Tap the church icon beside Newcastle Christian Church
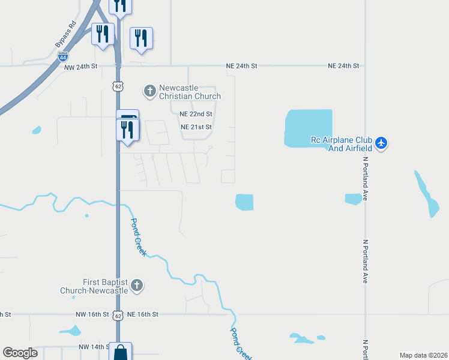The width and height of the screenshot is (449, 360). pos(149,91)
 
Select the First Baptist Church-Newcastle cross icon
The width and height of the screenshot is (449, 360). pos(137,286)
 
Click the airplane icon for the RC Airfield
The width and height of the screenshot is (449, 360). pos(381,143)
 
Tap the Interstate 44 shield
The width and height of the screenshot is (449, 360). pos(63,57)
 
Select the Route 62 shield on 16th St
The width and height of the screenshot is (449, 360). pos(118,315)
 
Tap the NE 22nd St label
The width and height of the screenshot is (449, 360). pos(195,113)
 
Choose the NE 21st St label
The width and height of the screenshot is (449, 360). pos(196,127)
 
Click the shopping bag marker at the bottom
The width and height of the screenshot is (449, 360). pos(121,352)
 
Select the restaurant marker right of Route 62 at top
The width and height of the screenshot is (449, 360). pos(141,38)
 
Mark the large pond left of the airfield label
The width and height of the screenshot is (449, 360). pos(308,128)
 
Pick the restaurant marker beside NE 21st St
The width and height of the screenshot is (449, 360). pos(127,130)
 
